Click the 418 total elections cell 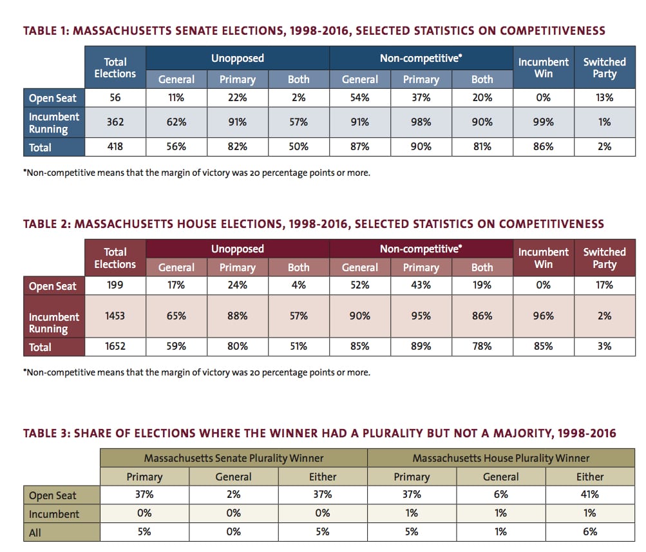tap(115, 147)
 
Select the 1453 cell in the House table tap(115, 316)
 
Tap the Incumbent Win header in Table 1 tap(544, 68)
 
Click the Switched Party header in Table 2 tap(604, 258)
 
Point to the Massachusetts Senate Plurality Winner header tap(234, 458)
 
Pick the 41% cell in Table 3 tap(589, 494)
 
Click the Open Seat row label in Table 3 tap(53, 495)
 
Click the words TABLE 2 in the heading tap(47, 224)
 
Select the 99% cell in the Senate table tap(544, 122)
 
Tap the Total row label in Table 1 tap(41, 148)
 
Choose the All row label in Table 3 tap(35, 533)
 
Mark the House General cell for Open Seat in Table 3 tap(500, 494)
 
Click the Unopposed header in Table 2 tap(237, 249)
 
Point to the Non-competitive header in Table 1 tap(421, 58)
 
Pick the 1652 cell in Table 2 tap(115, 346)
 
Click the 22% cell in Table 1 tap(237, 98)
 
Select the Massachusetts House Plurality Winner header tap(501, 458)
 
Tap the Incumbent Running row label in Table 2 tap(53, 323)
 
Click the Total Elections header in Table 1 tap(115, 68)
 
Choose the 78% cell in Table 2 tap(482, 346)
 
